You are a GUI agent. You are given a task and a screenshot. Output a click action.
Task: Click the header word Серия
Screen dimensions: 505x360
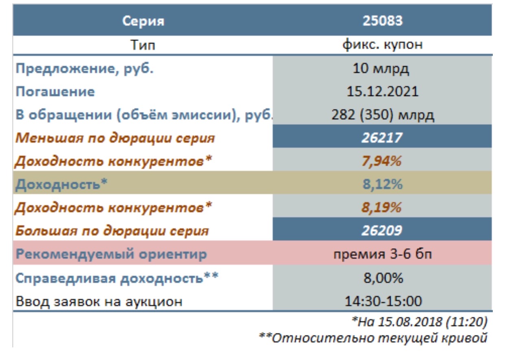(144, 22)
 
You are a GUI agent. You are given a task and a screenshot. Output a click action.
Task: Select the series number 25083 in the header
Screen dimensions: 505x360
(382, 21)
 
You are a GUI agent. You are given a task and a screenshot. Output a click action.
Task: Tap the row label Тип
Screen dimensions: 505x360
(143, 45)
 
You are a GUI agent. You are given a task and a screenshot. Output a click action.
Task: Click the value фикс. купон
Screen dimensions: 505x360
(383, 45)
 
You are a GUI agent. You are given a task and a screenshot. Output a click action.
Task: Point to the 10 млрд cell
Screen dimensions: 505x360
(381, 69)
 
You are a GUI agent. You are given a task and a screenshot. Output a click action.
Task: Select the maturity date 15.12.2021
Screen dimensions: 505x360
(382, 91)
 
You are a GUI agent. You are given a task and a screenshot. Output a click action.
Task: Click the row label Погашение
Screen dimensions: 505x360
(55, 92)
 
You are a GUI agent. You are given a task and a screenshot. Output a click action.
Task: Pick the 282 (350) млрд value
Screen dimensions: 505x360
(383, 115)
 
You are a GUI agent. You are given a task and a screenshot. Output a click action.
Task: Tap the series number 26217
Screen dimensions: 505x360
(382, 138)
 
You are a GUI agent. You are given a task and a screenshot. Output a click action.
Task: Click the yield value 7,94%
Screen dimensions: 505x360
(381, 161)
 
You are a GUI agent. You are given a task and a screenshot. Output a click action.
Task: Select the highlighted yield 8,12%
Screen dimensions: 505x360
(382, 184)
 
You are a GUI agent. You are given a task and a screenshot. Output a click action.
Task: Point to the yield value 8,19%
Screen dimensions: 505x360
(381, 208)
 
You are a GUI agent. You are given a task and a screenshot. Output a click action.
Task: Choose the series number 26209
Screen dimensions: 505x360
(382, 230)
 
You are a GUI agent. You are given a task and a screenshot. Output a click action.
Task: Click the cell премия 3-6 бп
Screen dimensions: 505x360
(383, 254)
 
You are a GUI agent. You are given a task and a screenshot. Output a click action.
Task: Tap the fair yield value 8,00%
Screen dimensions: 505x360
(383, 278)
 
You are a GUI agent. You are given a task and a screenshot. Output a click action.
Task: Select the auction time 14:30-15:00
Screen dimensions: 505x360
(383, 301)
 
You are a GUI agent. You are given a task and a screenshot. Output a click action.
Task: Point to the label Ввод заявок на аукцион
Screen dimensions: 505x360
(99, 301)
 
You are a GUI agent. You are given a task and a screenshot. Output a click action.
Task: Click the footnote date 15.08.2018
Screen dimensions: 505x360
(409, 322)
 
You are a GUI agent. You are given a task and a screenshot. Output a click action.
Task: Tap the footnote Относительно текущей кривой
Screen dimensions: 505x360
(379, 338)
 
